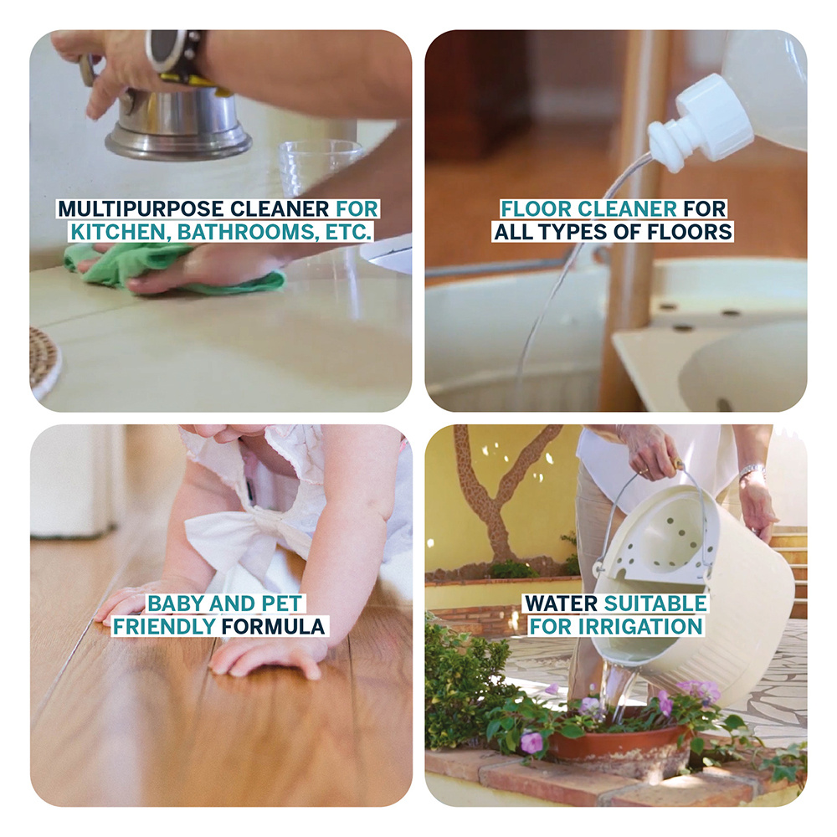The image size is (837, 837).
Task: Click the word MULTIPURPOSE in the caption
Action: (x=140, y=208)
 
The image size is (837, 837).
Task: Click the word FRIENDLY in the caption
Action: (x=164, y=627)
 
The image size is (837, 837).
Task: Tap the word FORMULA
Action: (x=274, y=627)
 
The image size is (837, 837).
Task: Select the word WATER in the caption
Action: (x=561, y=603)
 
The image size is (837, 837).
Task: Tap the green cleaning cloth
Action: (x=175, y=269)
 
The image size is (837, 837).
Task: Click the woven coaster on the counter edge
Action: (x=45, y=363)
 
